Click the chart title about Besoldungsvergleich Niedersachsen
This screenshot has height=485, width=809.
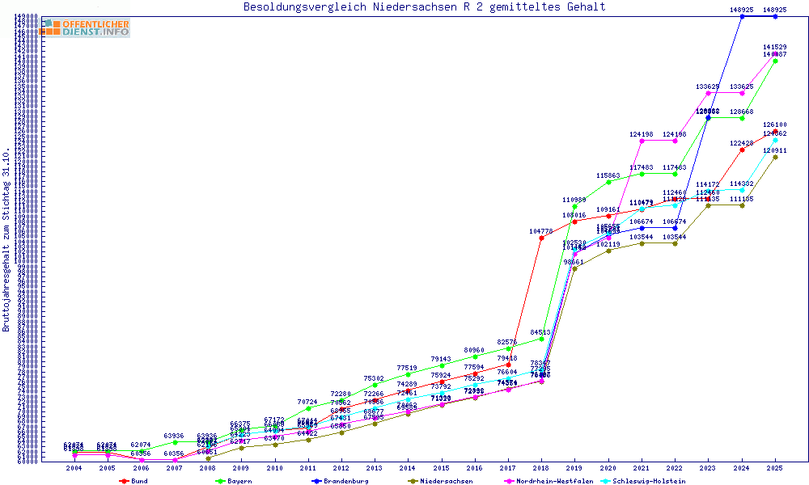point(425,7)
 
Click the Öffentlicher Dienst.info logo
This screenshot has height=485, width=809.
point(85,27)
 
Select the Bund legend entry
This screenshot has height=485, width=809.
point(134,481)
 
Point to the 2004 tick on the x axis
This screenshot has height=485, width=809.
point(74,468)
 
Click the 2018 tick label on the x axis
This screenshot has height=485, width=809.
point(541,468)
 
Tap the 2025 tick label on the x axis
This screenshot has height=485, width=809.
point(775,468)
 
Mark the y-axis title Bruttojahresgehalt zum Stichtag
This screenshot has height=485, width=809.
point(6,240)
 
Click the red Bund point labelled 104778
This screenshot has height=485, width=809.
point(541,238)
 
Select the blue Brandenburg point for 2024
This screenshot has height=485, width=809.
point(742,16)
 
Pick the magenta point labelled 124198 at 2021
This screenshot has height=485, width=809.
point(642,141)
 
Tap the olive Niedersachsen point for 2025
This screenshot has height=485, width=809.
point(775,157)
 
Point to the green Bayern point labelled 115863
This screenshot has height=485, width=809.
point(608,182)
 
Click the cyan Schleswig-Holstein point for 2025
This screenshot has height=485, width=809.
point(775,140)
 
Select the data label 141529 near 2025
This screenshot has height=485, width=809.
point(775,48)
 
